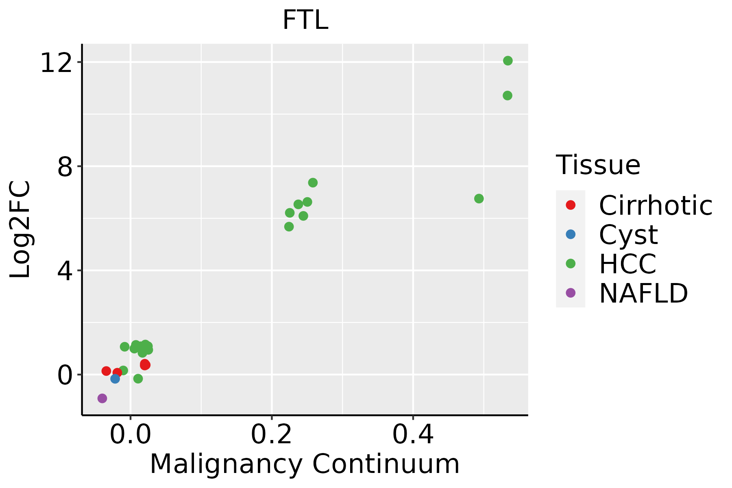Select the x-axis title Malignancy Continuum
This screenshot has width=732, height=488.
[305, 464]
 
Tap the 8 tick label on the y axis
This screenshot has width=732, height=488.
[67, 167]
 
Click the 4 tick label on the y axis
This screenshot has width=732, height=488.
[67, 271]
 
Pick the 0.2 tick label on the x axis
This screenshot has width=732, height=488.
[271, 435]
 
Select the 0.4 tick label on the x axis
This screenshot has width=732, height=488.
[413, 435]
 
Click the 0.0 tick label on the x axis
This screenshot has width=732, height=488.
[130, 435]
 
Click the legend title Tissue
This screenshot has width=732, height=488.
[598, 165]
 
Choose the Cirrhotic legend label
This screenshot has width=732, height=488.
[656, 205]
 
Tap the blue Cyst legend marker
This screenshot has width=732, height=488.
[571, 234]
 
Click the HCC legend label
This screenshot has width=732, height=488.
[627, 264]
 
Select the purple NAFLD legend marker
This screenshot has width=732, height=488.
[571, 293]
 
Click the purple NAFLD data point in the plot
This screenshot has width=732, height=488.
[102, 398]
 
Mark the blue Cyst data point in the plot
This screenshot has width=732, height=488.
[115, 379]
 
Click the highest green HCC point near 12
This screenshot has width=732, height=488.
[508, 61]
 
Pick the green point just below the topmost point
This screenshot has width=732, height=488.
[507, 96]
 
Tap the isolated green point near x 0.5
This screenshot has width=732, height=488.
[479, 198]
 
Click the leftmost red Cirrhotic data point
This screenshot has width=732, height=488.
[106, 371]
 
